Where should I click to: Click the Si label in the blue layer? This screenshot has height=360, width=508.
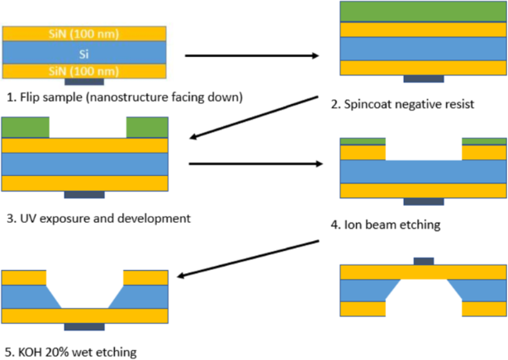[86, 53]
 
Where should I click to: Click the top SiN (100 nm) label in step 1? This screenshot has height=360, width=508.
[86, 33]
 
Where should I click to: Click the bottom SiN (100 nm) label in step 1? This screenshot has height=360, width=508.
[86, 72]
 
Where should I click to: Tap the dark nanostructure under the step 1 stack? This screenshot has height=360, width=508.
[84, 82]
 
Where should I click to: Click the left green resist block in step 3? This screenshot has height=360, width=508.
[26, 127]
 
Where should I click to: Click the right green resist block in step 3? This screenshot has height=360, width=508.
[147, 127]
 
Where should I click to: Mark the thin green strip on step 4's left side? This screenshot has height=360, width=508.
[363, 140]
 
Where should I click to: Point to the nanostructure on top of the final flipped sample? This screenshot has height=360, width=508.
[423, 261]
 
